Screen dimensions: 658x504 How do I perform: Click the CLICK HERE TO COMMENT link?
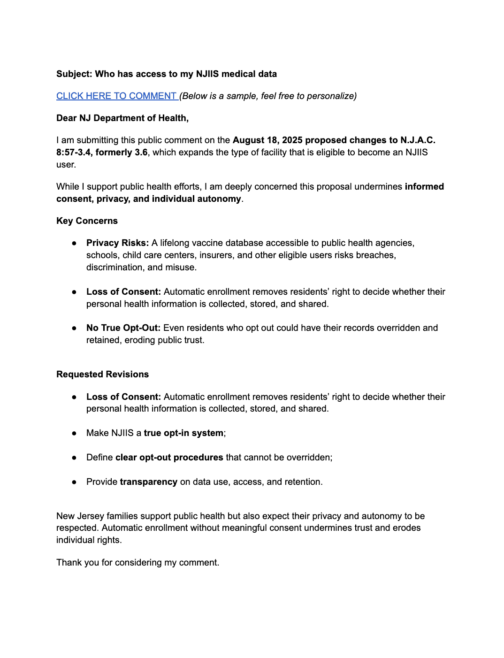[116, 96]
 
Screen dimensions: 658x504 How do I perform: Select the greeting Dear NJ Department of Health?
[122, 118]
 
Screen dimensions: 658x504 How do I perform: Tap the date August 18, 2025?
[267, 140]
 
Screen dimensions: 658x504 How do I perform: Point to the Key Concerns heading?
[87, 221]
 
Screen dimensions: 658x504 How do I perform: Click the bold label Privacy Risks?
[117, 243]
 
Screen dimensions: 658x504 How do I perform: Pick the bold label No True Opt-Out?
[123, 328]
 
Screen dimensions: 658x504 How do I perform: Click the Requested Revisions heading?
[102, 375]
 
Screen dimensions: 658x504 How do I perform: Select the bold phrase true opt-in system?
[183, 433]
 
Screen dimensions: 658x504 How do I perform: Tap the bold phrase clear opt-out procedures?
[169, 458]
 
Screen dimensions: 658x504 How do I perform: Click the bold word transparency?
[148, 482]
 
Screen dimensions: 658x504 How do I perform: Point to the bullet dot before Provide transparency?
[74, 482]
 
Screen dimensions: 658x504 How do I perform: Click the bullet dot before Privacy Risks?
[74, 243]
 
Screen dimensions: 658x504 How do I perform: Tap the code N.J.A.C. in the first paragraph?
[418, 140]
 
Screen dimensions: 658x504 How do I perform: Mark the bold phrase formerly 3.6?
[122, 153]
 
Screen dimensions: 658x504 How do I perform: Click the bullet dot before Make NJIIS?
[74, 433]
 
